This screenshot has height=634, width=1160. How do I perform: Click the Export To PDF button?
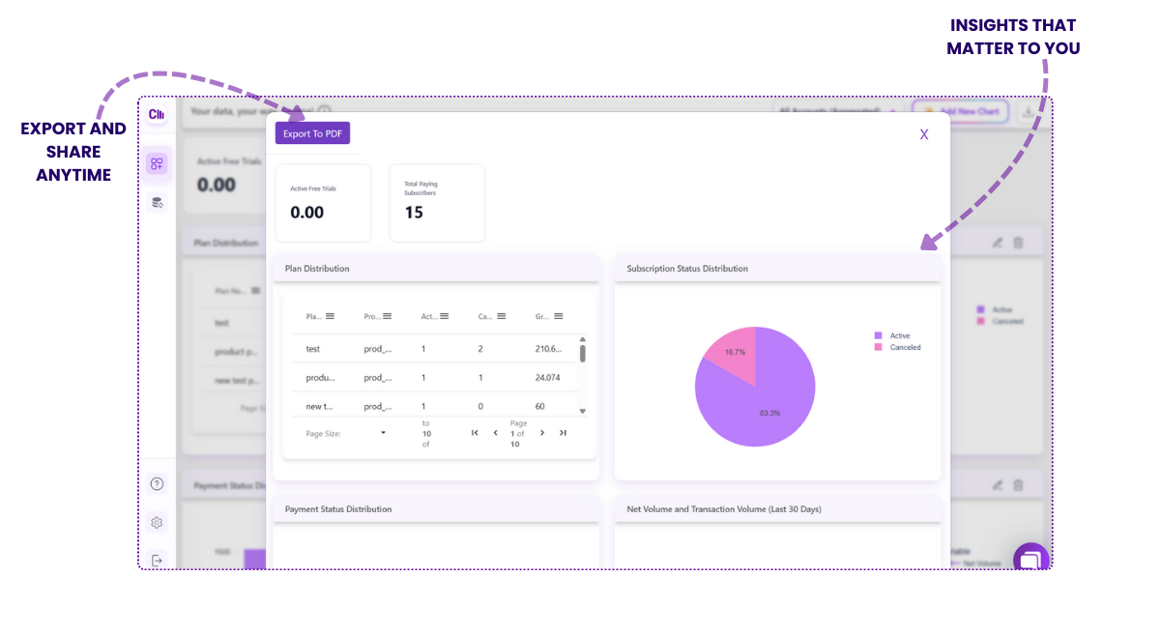312,133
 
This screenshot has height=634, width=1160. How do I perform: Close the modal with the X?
924,134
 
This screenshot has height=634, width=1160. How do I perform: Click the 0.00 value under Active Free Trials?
307,212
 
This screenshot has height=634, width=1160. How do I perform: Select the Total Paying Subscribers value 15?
414,212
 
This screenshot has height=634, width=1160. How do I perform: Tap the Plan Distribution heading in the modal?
317,269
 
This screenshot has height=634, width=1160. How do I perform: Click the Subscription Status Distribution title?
686,269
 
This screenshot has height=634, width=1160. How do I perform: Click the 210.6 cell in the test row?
548,349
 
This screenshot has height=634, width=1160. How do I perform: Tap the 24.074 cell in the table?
548,378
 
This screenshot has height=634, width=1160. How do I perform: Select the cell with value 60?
540,407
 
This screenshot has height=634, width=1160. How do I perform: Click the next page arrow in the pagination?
542,433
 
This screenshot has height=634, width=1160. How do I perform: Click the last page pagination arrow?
563,433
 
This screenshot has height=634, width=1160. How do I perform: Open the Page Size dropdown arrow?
383,433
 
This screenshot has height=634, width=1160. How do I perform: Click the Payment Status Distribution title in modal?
338,508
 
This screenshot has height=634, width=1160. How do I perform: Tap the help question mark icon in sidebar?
157,484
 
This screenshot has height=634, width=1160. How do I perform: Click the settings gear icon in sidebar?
157,523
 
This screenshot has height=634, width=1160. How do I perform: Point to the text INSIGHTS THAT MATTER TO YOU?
1012,37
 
